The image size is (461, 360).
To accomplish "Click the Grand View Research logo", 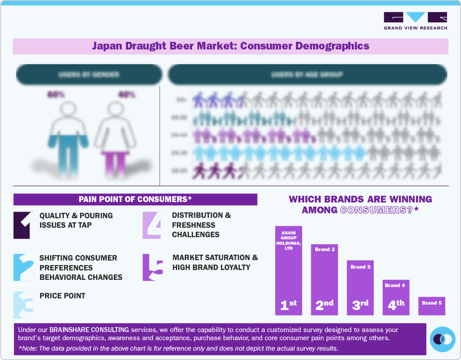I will (415, 21).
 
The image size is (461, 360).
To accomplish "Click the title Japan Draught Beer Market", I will (230, 46).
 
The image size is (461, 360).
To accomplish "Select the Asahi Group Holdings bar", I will (288, 270).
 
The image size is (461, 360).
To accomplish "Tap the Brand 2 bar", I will (324, 279).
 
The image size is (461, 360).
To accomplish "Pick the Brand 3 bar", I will (360, 288).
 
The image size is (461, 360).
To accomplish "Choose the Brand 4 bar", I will (396, 297).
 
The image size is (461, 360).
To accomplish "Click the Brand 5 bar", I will (432, 306).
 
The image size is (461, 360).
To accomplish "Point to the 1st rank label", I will (288, 305).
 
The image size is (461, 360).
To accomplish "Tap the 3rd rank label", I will (360, 305).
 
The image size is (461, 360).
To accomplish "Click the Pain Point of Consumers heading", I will (135, 199).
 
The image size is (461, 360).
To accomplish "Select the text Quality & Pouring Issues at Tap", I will (76, 220).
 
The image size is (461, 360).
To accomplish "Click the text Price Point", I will (63, 296).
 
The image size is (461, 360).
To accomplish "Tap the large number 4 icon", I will (152, 225).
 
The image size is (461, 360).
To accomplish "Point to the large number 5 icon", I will (152, 268).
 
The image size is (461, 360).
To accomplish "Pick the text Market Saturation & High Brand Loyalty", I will (215, 262).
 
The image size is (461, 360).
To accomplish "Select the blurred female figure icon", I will (115, 135).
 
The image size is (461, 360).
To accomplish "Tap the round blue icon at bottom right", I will (443, 339).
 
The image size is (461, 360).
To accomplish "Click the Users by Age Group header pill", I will (307, 75).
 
